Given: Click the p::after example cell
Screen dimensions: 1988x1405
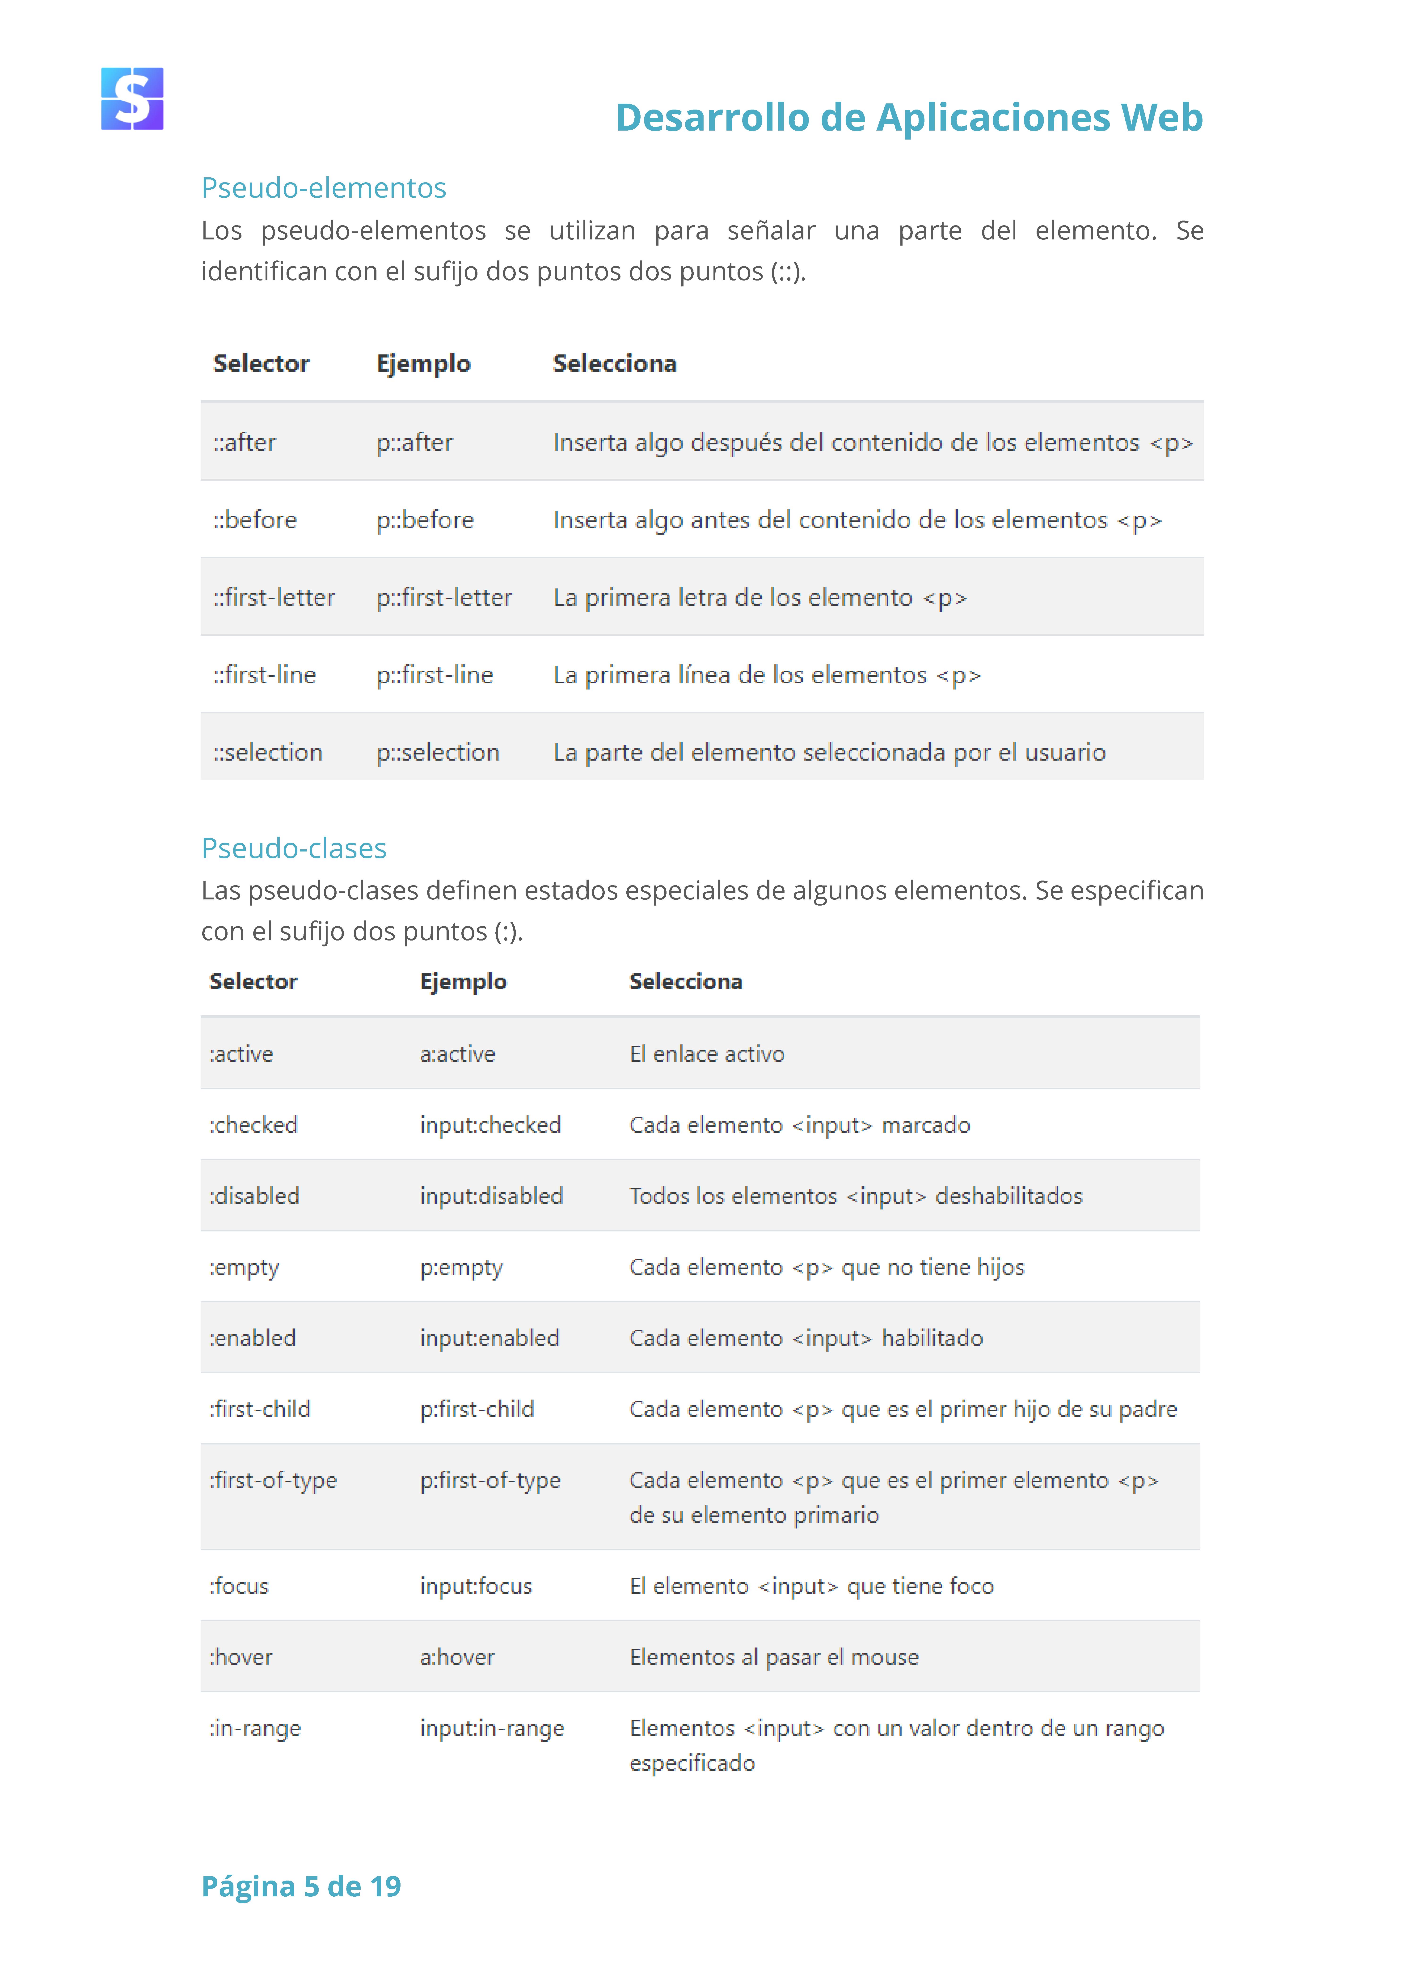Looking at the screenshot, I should tap(414, 443).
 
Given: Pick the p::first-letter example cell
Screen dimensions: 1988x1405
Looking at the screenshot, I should tap(443, 597).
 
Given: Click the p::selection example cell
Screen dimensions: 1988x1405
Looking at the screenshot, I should tap(437, 752).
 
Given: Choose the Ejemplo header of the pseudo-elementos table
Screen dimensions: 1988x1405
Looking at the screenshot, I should tap(423, 364).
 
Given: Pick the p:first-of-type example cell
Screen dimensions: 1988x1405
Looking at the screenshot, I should tap(490, 1481).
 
